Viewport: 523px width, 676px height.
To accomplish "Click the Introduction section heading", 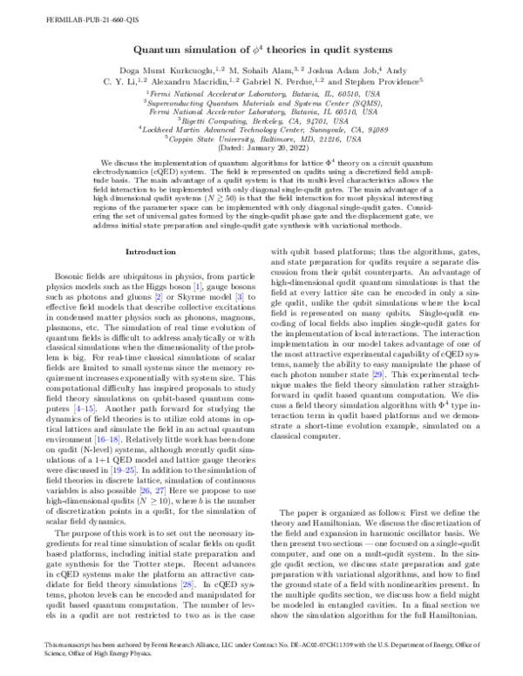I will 151,252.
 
